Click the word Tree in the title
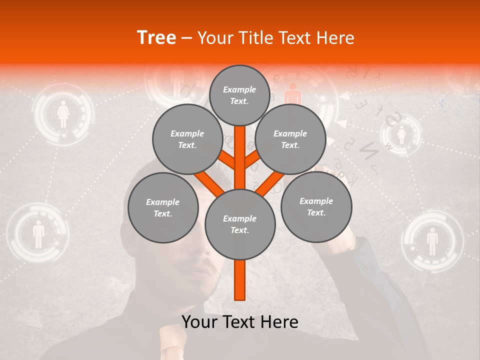pyautogui.click(x=156, y=38)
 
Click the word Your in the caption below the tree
pyautogui.click(x=200, y=322)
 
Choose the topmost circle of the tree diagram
pyautogui.click(x=239, y=95)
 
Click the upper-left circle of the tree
pyautogui.click(x=187, y=139)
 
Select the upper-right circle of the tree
pyautogui.click(x=290, y=139)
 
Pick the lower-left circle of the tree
pyautogui.click(x=163, y=207)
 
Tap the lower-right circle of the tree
pyautogui.click(x=316, y=206)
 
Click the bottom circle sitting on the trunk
pyautogui.click(x=239, y=224)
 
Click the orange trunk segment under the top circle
pyautogui.click(x=239, y=150)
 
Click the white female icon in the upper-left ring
pyautogui.click(x=63, y=114)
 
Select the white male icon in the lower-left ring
pyautogui.click(x=38, y=234)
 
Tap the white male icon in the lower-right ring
pyautogui.click(x=432, y=241)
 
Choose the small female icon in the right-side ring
pyautogui.click(x=401, y=134)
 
